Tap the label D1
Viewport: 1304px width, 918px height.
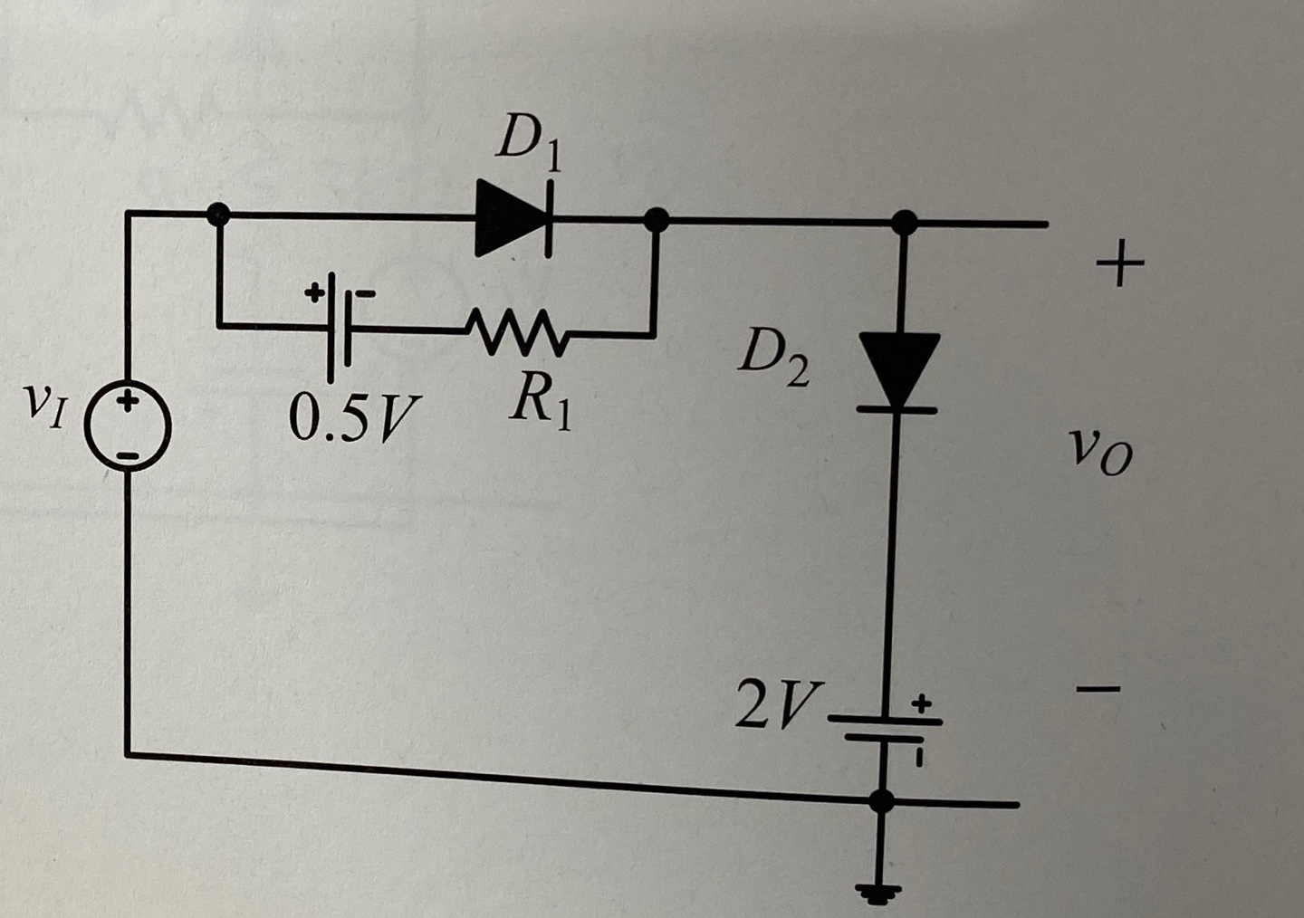click(x=530, y=145)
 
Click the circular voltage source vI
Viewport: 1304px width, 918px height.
click(x=128, y=427)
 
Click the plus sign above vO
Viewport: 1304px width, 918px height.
click(x=1119, y=265)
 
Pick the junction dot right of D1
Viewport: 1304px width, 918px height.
click(x=657, y=218)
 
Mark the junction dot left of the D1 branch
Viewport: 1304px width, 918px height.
click(x=218, y=215)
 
